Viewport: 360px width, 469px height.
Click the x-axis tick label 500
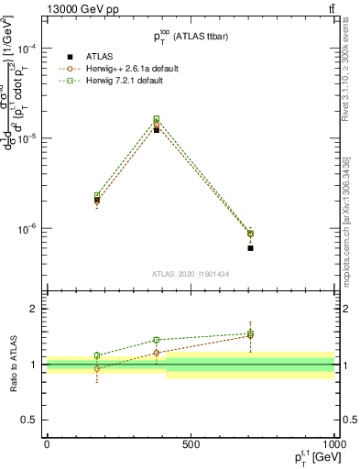point(191,444)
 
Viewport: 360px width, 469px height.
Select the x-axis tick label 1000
point(333,444)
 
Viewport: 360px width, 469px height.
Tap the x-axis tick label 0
point(47,444)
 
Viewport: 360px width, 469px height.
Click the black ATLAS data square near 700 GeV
point(250,248)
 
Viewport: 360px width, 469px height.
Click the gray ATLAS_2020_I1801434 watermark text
point(190,274)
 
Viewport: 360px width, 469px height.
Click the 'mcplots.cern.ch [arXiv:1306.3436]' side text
point(346,219)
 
